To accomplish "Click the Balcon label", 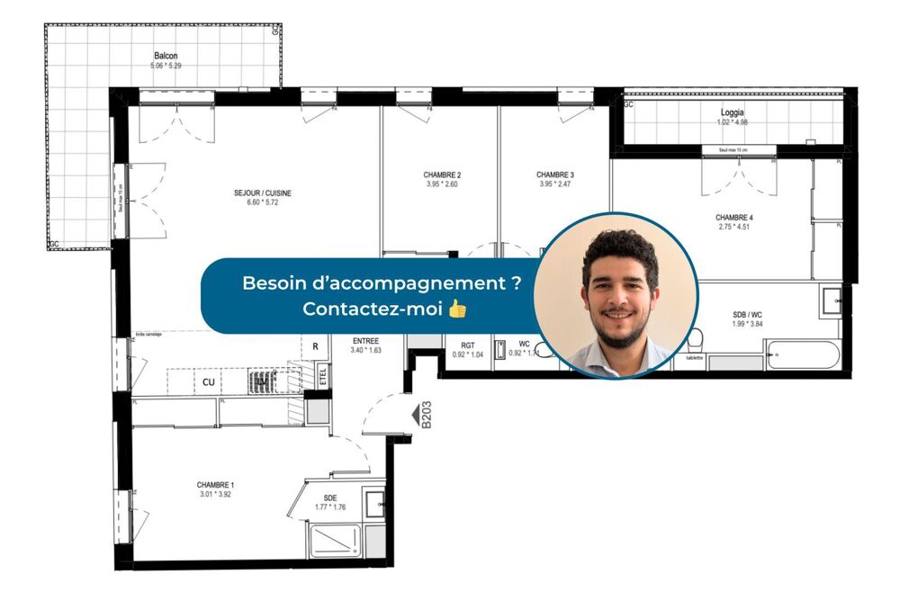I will click(x=165, y=56).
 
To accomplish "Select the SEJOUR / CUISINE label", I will click(x=263, y=193).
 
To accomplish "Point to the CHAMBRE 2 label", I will click(x=442, y=175).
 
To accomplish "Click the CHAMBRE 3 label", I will click(x=554, y=175).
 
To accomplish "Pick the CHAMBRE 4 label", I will click(x=734, y=218).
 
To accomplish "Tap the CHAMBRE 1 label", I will click(x=215, y=485).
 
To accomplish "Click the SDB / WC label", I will click(x=747, y=314).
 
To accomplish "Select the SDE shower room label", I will click(x=330, y=498).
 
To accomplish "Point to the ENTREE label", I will click(x=365, y=341).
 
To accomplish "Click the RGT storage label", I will click(x=467, y=345).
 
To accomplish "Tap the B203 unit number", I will click(x=427, y=416).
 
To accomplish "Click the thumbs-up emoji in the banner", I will click(x=457, y=309).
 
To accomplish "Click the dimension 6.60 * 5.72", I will click(x=263, y=204).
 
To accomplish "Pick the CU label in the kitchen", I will click(x=208, y=382).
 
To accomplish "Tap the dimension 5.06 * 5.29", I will click(x=165, y=66).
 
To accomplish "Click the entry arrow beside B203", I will click(x=415, y=416).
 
